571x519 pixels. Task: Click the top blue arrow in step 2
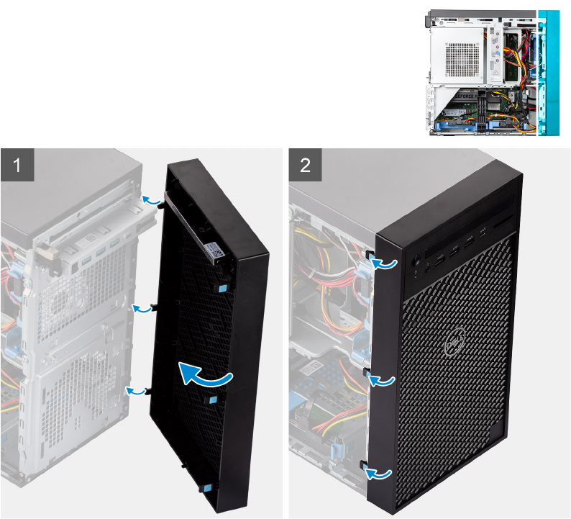coord(384,264)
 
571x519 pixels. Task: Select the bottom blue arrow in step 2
coord(380,473)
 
